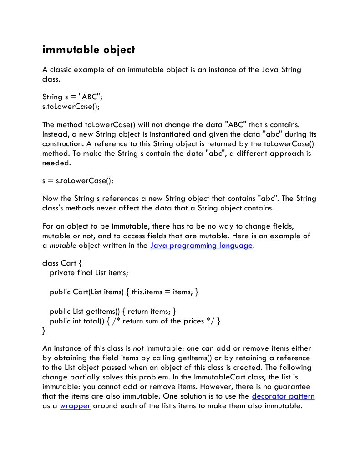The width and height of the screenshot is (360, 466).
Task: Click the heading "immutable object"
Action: (x=88, y=50)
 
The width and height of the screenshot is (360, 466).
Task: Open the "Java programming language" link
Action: (x=201, y=246)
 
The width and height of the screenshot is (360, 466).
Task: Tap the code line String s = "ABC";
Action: (x=72, y=97)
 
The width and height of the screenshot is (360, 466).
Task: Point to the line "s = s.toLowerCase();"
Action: (x=77, y=180)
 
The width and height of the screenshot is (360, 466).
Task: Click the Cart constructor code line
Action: (x=124, y=292)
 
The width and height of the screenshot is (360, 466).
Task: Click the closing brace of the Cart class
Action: (x=44, y=330)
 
